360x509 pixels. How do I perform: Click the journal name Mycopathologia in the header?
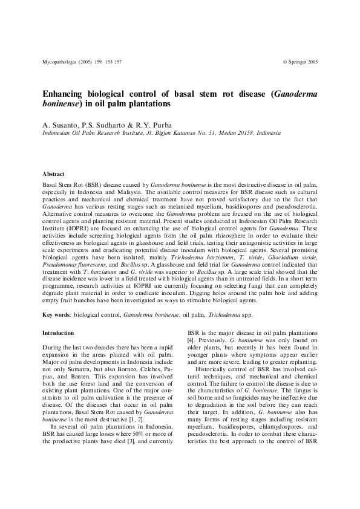60,62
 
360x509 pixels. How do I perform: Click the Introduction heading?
58,333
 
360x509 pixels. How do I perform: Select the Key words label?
56,315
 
